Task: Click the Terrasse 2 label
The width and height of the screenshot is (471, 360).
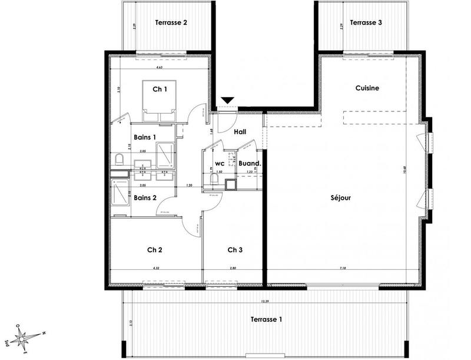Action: pyautogui.click(x=171, y=23)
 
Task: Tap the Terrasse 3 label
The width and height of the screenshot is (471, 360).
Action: pyautogui.click(x=366, y=23)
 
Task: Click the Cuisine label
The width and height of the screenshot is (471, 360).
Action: pyautogui.click(x=367, y=88)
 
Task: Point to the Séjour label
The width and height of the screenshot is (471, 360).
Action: pyautogui.click(x=341, y=198)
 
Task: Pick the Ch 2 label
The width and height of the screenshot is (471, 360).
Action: pyautogui.click(x=155, y=250)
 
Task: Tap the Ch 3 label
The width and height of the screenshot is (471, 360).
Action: pyautogui.click(x=235, y=250)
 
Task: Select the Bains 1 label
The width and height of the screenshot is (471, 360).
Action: pyautogui.click(x=145, y=137)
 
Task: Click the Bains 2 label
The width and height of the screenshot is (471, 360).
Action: pyautogui.click(x=145, y=198)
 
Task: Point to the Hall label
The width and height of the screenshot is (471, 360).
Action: pyautogui.click(x=240, y=132)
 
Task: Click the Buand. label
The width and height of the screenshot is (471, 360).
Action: pyautogui.click(x=250, y=163)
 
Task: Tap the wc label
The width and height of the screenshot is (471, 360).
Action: pyautogui.click(x=220, y=163)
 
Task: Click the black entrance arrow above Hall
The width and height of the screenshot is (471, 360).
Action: pyautogui.click(x=227, y=102)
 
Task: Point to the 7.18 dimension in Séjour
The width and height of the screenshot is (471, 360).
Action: pyautogui.click(x=343, y=268)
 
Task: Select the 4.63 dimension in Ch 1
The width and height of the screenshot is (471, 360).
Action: pyautogui.click(x=159, y=68)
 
